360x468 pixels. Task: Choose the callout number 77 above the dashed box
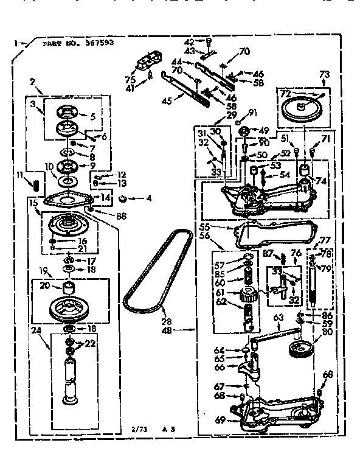click(x=325, y=240)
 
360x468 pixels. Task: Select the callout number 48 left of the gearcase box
click(x=184, y=330)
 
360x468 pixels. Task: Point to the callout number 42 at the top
click(x=189, y=41)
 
